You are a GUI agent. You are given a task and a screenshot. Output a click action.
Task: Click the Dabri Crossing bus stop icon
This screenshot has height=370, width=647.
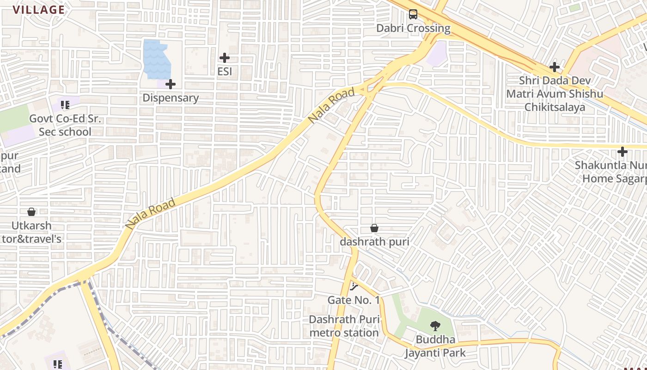pyautogui.click(x=413, y=14)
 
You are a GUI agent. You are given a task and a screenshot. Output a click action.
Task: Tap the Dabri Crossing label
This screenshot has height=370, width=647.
pyautogui.click(x=413, y=28)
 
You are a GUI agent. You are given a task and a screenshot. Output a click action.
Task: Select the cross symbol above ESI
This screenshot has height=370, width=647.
pyautogui.click(x=225, y=58)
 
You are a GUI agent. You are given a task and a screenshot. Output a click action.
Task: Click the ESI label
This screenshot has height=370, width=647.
pyautogui.click(x=225, y=72)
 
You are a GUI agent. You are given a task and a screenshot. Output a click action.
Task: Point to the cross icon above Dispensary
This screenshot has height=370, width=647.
pyautogui.click(x=171, y=84)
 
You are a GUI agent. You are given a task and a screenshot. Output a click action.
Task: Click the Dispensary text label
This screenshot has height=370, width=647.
pyautogui.click(x=171, y=98)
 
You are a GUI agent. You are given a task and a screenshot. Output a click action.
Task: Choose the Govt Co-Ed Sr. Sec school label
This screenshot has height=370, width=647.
pyautogui.click(x=65, y=125)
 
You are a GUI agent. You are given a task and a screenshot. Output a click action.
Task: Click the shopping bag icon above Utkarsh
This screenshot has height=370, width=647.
pyautogui.click(x=31, y=212)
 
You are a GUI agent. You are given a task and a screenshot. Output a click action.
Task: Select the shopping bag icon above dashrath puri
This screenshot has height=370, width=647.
pyautogui.click(x=374, y=228)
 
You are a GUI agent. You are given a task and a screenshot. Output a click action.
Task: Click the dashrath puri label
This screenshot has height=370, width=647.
pyautogui.click(x=374, y=242)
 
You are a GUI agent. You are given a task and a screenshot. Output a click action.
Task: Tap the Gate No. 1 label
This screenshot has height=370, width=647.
pyautogui.click(x=354, y=300)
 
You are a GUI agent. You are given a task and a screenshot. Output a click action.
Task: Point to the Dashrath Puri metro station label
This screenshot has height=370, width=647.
pyautogui.click(x=344, y=326)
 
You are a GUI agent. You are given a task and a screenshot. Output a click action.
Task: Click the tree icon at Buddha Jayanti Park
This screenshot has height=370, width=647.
pyautogui.click(x=435, y=326)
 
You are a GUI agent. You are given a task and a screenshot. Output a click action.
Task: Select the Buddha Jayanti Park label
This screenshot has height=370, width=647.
pyautogui.click(x=435, y=346)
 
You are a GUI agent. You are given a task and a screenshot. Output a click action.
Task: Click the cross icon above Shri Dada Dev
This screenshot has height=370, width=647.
pyautogui.click(x=555, y=67)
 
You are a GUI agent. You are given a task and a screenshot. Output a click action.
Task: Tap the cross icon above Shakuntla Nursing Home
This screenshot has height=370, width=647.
pyautogui.click(x=623, y=151)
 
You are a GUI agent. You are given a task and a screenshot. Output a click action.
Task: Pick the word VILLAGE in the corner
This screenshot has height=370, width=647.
pyautogui.click(x=39, y=10)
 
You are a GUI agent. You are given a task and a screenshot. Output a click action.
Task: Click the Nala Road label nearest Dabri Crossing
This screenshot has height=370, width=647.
pyautogui.click(x=332, y=105)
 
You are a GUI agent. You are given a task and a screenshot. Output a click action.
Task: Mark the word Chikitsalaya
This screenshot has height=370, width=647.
pyautogui.click(x=555, y=107)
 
